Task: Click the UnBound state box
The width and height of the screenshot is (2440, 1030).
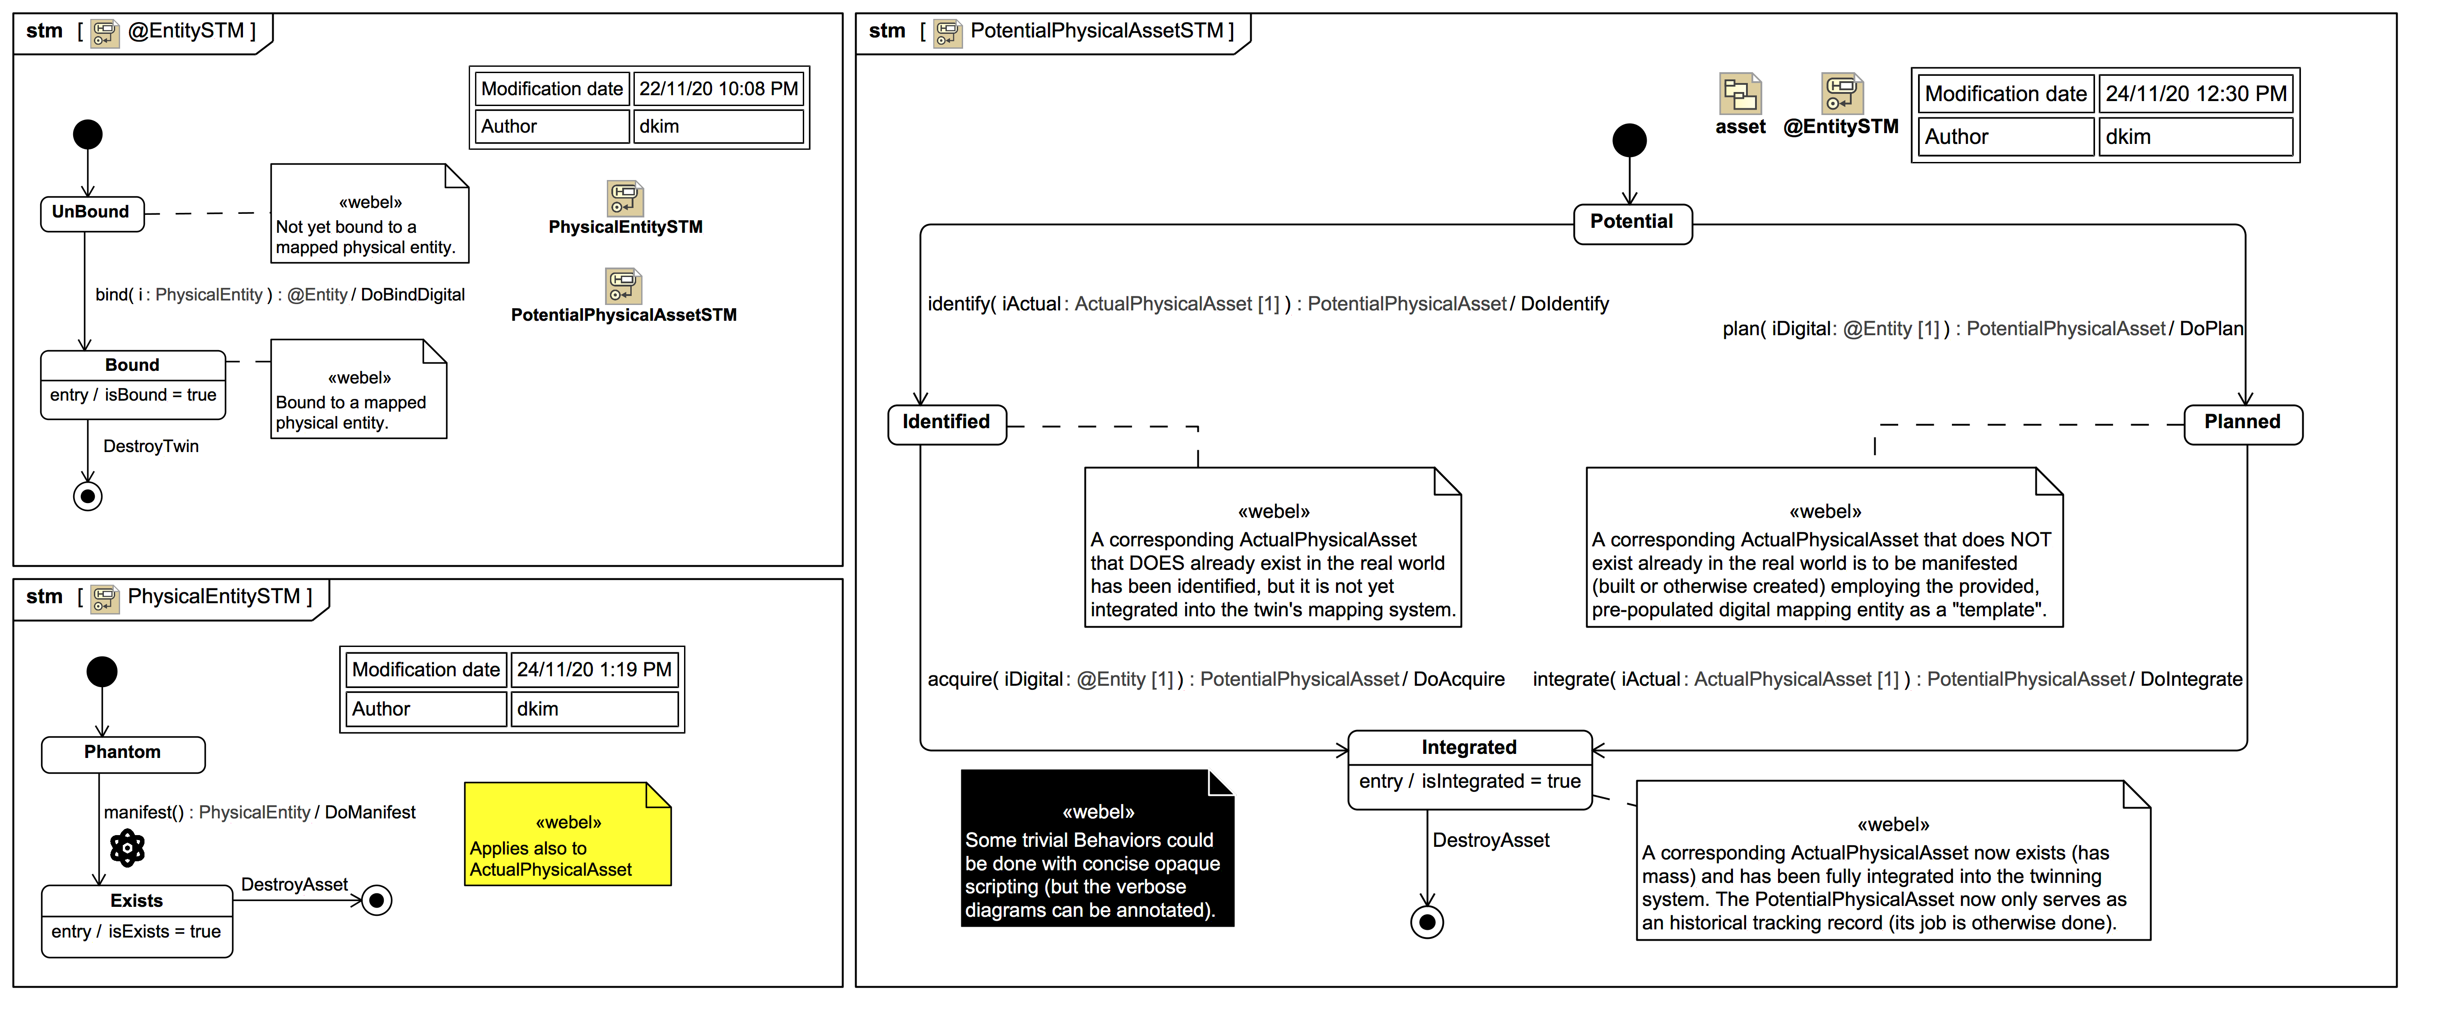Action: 91,213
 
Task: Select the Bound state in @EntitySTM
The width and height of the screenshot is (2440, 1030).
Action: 133,383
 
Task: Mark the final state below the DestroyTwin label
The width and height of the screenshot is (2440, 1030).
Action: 88,496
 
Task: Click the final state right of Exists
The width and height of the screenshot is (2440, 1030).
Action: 377,901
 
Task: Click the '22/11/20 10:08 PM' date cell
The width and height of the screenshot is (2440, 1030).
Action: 718,89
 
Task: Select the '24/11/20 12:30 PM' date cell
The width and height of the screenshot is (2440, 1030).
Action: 2196,94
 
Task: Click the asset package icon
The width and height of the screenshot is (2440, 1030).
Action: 1740,95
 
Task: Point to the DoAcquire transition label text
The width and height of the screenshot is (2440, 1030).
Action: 1459,680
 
